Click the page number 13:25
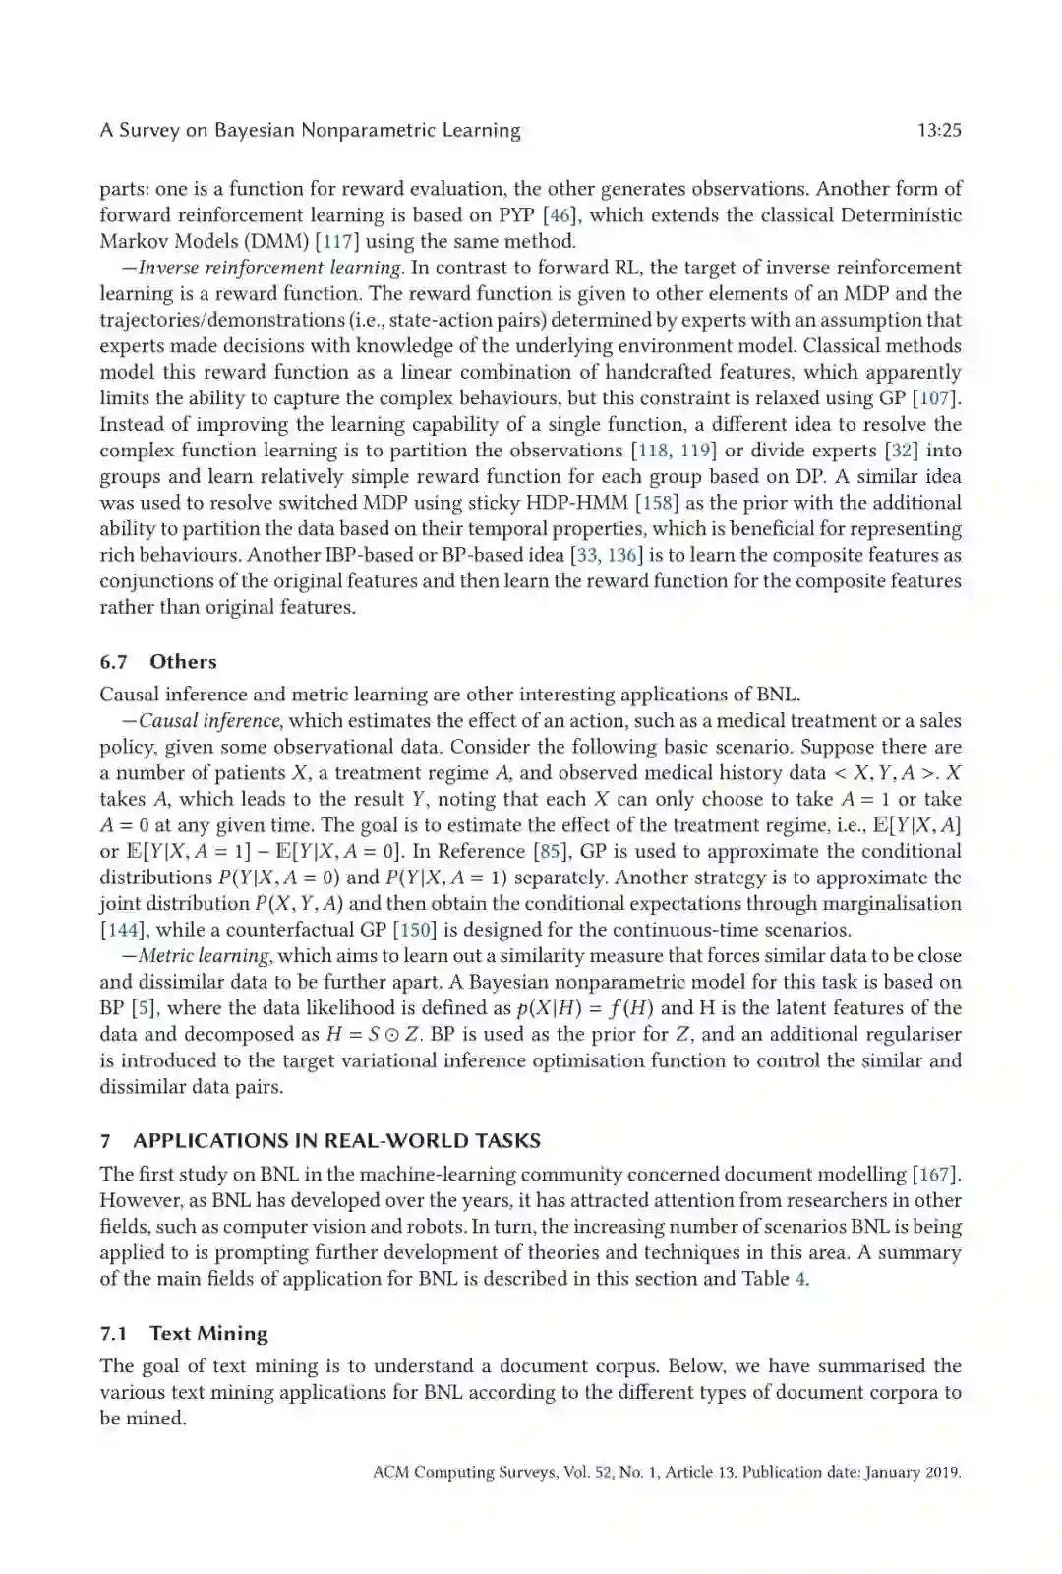pos(938,130)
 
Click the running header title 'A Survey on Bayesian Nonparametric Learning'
pos(310,130)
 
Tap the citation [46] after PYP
pos(560,215)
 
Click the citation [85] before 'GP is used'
pos(552,852)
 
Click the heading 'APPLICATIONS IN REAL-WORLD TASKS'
pos(336,1141)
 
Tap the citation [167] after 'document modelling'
pos(935,1175)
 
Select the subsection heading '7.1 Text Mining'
pos(184,1334)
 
